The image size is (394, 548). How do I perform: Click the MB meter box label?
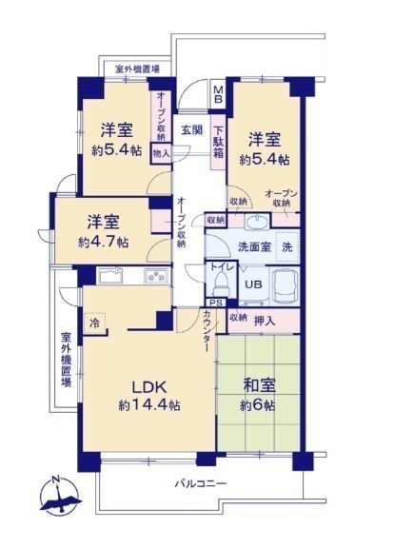click(x=218, y=94)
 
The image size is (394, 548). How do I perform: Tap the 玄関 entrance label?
click(x=192, y=130)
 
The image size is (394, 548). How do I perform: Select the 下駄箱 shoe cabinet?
click(x=219, y=143)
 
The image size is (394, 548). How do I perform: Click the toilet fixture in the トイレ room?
click(x=221, y=284)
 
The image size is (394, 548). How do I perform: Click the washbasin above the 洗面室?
click(x=257, y=223)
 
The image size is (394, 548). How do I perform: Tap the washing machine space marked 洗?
click(x=287, y=246)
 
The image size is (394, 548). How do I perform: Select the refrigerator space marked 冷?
click(x=95, y=323)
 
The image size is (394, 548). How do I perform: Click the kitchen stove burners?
click(x=156, y=276)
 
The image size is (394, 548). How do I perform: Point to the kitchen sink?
click(x=110, y=276)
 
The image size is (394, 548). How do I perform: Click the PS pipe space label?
click(x=216, y=303)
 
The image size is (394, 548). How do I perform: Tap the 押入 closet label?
click(x=265, y=321)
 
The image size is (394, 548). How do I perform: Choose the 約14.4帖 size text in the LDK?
click(x=149, y=405)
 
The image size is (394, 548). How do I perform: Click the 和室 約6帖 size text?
click(x=258, y=405)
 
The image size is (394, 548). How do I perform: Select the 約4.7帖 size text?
click(x=103, y=242)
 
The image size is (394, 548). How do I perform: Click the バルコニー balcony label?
click(x=201, y=483)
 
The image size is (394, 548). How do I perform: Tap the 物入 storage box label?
click(x=161, y=153)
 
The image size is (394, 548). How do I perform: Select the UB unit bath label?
click(x=253, y=284)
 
